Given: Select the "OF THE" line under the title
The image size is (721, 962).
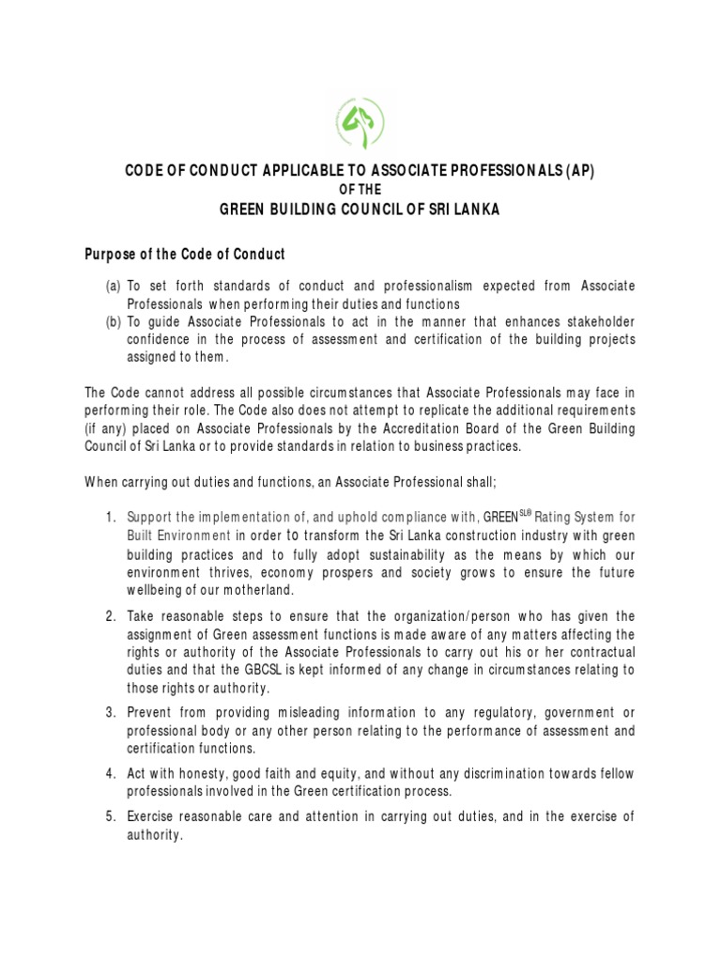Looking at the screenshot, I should (x=360, y=190).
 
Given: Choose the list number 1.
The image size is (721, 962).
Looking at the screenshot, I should (x=110, y=517).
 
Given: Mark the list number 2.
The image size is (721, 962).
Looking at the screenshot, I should (x=110, y=616).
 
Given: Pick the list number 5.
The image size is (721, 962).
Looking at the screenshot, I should (x=110, y=817).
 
